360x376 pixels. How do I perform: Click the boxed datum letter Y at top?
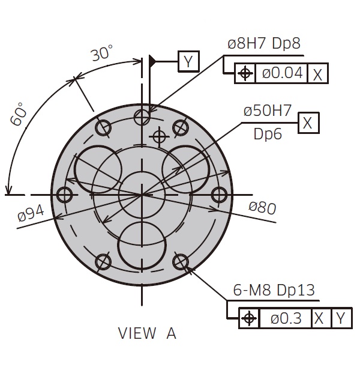click(188, 61)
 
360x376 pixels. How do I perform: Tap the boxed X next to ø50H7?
click(308, 123)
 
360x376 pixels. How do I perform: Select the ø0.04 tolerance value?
click(282, 73)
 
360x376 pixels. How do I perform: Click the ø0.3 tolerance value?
click(286, 318)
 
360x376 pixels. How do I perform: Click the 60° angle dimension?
click(19, 114)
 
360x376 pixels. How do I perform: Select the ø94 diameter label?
click(31, 213)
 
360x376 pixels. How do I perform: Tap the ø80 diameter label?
click(263, 208)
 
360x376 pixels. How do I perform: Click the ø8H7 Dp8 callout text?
click(264, 43)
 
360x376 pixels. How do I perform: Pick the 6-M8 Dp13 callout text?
click(274, 290)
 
